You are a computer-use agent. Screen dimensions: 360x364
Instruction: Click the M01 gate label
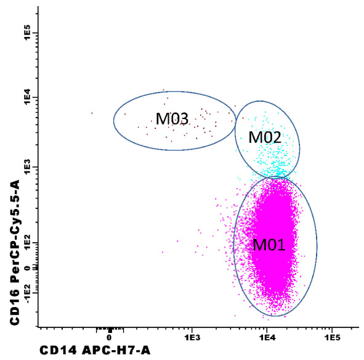pos(269,245)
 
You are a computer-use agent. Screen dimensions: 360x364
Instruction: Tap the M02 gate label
pos(265,137)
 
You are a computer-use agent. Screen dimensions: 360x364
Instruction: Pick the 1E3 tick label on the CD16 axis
pos(27,167)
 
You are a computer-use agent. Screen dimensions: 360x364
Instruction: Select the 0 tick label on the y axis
pos(27,268)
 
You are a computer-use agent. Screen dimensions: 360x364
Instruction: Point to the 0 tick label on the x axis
pos(109,337)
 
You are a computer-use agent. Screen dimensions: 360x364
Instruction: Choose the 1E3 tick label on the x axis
pos(192,337)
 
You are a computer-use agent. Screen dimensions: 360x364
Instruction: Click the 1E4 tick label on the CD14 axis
pos(267,337)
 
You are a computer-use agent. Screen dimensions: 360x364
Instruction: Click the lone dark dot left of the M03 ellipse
pos(92,113)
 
